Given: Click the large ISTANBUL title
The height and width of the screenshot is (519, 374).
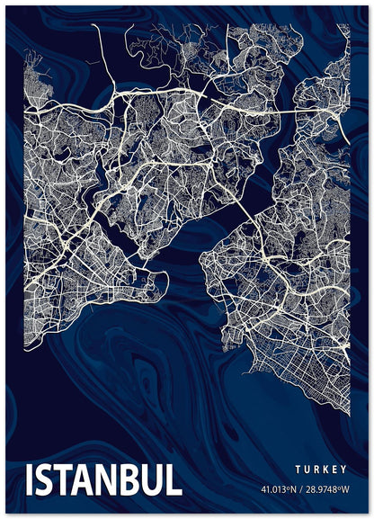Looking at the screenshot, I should coord(105,480).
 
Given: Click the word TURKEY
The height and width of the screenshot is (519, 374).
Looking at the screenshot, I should coord(321,470).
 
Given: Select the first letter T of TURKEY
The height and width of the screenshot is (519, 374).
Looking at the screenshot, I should coord(297,470).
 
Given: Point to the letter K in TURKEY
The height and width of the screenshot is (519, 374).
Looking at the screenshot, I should coord(325,470).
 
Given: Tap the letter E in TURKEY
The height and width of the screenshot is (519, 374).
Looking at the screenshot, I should coord(335,470).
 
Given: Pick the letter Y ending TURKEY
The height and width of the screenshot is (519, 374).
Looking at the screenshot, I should coord(345,470).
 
